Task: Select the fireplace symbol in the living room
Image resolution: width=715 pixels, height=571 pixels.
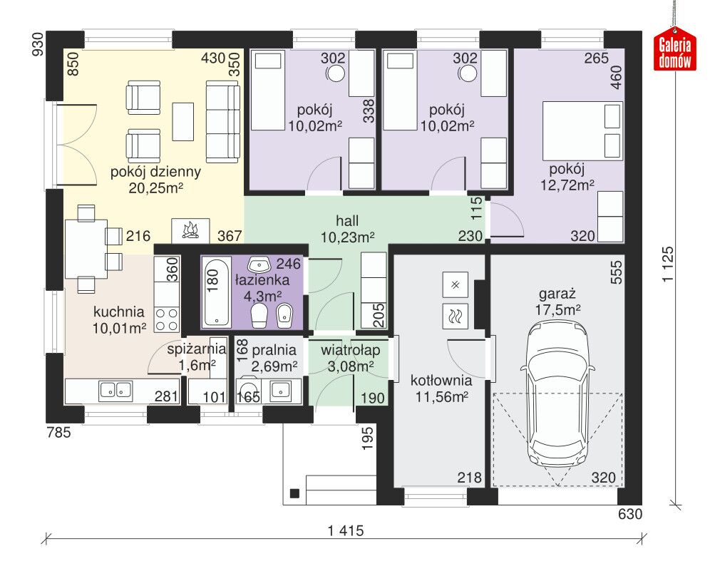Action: pos(190,230)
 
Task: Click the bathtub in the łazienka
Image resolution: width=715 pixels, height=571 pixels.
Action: pos(216,292)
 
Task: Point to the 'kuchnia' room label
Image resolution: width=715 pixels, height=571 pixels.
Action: pos(118,312)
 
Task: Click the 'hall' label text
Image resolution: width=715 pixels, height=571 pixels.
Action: pos(347,221)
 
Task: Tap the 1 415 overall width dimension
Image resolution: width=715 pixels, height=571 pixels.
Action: pos(346,530)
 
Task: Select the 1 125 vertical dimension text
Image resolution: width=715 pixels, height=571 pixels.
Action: pos(667,264)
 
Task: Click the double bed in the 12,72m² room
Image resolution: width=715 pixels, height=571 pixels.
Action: pos(582,131)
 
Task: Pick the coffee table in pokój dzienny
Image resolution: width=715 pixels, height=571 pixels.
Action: pos(183,122)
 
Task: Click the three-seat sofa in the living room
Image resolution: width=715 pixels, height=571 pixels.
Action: pos(222,122)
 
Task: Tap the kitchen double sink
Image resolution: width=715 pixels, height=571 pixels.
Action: pos(115,391)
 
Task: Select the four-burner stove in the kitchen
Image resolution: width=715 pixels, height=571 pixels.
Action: pos(167,319)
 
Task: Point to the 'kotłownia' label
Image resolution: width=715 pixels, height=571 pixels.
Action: pos(441,381)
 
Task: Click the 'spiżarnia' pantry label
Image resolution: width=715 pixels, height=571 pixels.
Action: pos(197,349)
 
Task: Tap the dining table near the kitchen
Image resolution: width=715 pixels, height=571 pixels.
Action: pos(86,249)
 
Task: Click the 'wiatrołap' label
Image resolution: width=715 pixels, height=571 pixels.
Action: pos(350,350)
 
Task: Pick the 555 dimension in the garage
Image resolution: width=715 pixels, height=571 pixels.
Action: pos(616,272)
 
